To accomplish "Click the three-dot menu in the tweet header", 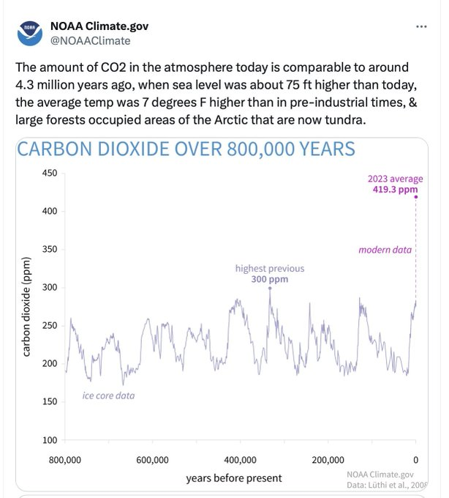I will [420, 26].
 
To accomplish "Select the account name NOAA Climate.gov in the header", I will [104, 26].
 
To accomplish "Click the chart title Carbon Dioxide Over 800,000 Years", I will [186, 149].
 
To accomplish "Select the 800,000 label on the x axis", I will [64, 460].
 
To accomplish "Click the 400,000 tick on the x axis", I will [240, 460].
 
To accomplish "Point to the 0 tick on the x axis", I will [415, 460].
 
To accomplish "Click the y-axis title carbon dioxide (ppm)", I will [26, 307].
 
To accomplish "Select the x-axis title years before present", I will [233, 478].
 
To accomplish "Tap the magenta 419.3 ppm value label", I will [395, 189].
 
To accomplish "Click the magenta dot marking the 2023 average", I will [416, 196].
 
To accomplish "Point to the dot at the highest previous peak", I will [270, 288].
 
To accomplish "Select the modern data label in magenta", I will [385, 250].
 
